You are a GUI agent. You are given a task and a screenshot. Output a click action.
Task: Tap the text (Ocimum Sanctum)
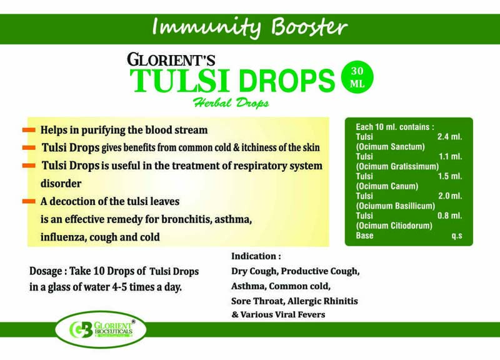click(390, 146)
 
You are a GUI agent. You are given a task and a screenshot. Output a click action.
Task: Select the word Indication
click(254, 256)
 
